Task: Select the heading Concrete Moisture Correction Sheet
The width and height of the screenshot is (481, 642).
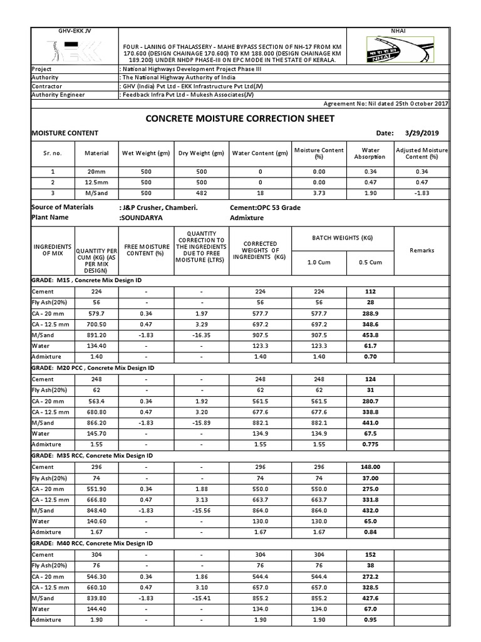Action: coord(240,118)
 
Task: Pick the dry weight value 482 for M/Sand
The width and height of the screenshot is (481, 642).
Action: coord(200,193)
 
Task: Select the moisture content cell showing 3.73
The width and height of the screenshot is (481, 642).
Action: coord(319,193)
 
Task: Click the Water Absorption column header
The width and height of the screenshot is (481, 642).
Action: coord(371,153)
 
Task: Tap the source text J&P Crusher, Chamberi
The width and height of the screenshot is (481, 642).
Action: coord(158,207)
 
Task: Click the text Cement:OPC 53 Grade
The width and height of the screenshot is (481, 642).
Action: coord(266,207)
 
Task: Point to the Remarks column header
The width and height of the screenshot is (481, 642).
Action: coord(422,250)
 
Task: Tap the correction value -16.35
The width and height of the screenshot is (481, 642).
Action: coord(202,335)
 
